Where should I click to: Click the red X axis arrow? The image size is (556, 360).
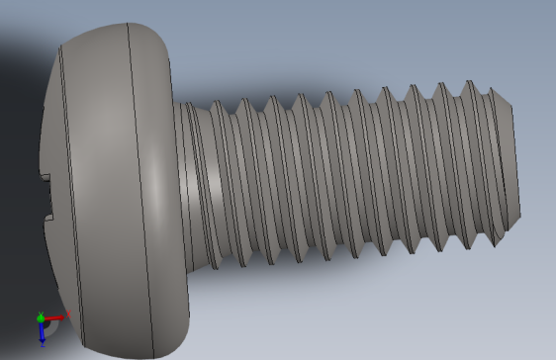pyautogui.click(x=56, y=317)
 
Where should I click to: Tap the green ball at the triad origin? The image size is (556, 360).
pyautogui.click(x=42, y=318)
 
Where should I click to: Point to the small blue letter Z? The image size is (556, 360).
pyautogui.click(x=44, y=345)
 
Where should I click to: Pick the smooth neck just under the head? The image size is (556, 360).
pyautogui.click(x=189, y=178)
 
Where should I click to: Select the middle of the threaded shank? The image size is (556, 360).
pyautogui.click(x=346, y=173)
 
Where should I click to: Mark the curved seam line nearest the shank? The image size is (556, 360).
pyautogui.click(x=140, y=188)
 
